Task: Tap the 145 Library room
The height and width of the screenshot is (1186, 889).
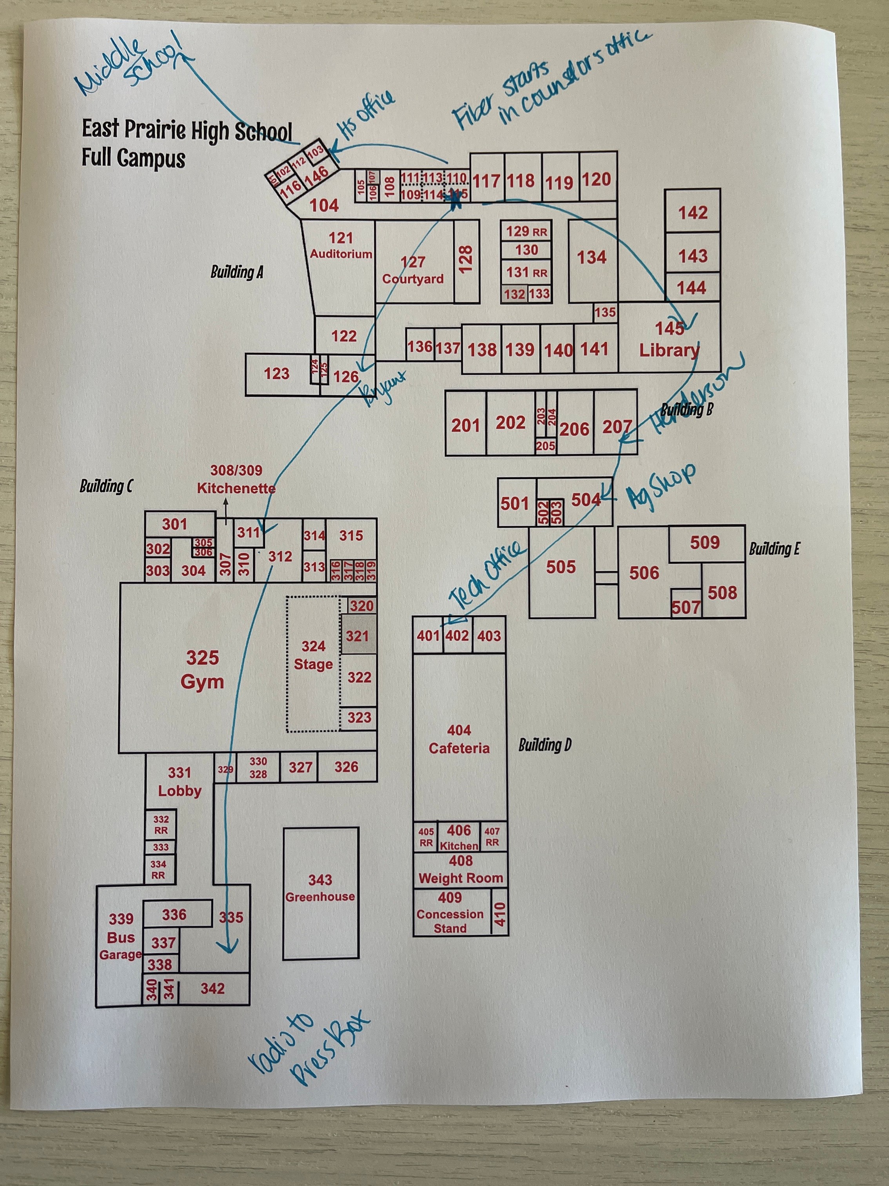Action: point(669,339)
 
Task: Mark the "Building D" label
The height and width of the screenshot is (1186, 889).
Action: point(544,745)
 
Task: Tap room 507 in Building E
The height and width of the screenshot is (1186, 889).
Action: point(686,607)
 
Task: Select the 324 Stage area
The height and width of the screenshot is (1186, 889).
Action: point(314,655)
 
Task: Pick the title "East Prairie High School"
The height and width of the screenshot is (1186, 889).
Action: point(187,130)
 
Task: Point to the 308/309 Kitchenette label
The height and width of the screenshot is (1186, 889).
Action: point(236,479)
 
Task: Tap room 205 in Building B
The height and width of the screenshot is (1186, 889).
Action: point(546,446)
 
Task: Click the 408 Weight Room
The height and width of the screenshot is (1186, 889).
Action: point(460,869)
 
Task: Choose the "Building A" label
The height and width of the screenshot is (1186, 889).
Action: point(236,272)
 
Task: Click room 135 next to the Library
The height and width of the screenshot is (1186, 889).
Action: point(605,312)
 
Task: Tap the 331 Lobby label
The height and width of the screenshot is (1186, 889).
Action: point(180,782)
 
